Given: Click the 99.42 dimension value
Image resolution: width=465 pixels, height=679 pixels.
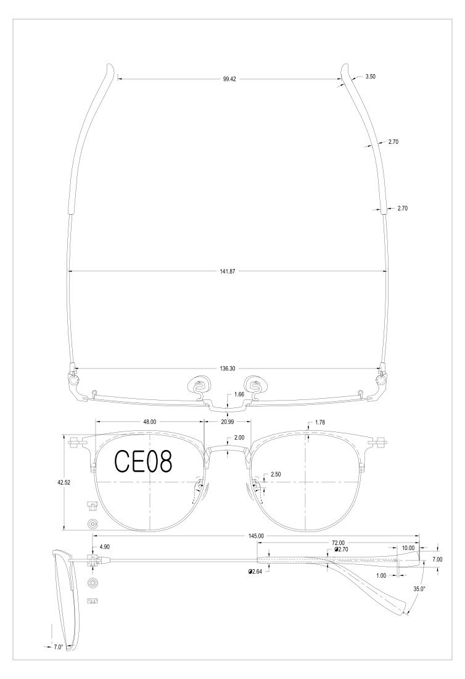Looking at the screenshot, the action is click(x=229, y=79).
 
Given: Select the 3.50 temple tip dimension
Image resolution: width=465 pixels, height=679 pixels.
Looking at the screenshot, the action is click(x=370, y=77).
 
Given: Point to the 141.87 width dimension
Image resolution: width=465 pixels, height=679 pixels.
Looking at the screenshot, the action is click(x=228, y=272).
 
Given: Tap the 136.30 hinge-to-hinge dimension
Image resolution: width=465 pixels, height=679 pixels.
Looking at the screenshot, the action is click(x=228, y=369).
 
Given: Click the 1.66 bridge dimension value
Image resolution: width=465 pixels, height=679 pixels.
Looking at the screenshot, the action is click(x=239, y=394).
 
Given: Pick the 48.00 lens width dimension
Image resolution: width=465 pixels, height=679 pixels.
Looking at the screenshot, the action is click(x=150, y=422).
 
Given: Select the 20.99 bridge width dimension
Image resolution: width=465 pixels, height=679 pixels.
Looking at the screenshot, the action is click(x=228, y=422).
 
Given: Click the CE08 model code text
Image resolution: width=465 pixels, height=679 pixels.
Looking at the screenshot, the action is click(x=143, y=462).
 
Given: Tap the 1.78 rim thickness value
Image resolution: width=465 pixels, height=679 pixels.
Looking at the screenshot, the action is click(x=320, y=422).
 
